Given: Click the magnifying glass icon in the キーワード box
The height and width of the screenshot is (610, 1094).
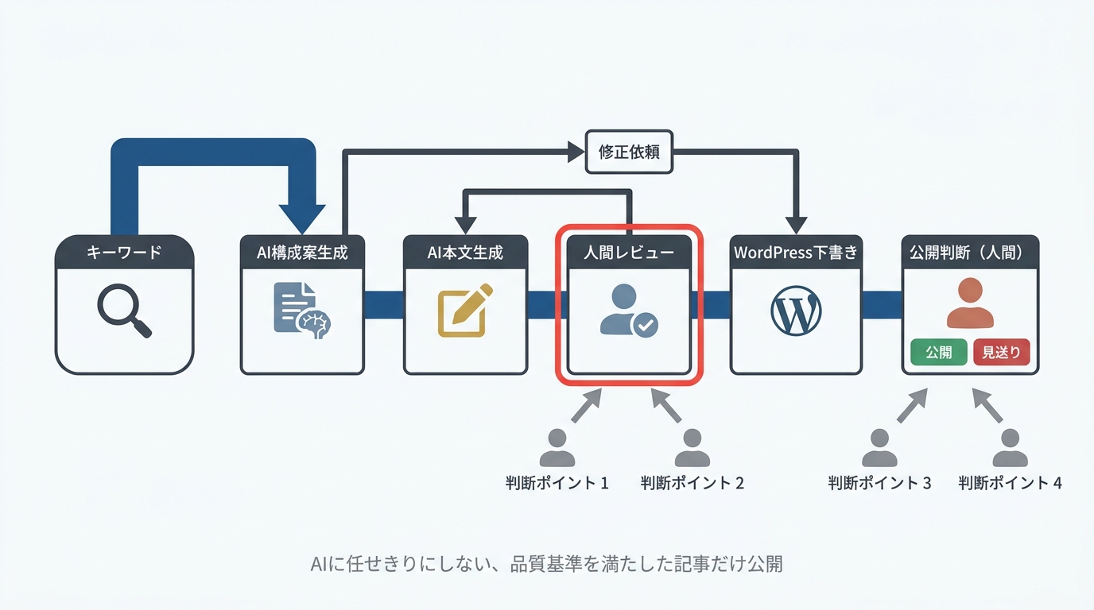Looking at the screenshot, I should point(123,311).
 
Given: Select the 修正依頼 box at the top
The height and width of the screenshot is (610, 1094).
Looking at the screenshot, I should point(629,152).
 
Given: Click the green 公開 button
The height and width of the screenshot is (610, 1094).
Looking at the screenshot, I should point(938,352).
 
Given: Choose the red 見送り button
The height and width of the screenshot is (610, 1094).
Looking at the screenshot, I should point(1001,352).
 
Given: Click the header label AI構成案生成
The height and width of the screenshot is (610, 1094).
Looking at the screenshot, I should point(302,253).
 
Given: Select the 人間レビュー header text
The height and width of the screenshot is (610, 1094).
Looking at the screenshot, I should point(628,253).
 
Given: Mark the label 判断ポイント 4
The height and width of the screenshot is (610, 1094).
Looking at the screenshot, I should point(1010,483).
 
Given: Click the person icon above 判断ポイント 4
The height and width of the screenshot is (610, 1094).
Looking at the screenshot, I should point(1010,448).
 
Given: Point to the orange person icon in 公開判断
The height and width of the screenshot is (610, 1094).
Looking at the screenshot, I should point(970,303).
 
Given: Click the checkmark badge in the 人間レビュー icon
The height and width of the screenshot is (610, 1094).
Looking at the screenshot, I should point(645,325).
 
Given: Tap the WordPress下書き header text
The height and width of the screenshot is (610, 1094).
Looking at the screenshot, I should point(796,253).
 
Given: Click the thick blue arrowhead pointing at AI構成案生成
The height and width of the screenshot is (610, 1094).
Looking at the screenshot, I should point(301,217).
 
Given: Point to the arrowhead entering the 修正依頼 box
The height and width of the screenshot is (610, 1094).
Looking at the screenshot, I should point(576,152).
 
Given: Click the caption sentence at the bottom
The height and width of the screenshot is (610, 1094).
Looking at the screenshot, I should point(546,564).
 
